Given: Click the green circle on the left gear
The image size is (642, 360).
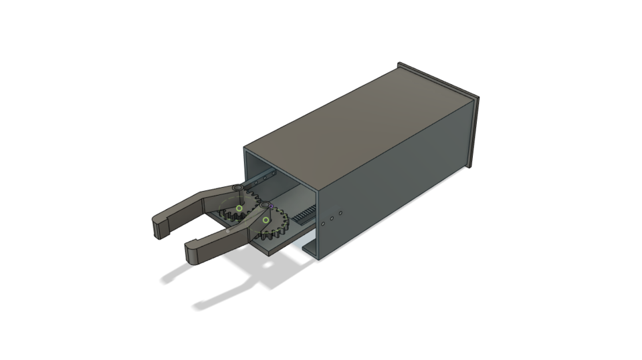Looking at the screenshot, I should (239, 209).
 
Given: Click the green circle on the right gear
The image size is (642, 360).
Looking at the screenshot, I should (265, 220).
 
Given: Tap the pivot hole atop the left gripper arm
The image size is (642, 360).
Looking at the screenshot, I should (237, 189).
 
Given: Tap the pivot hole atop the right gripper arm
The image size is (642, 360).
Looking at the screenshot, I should (265, 203).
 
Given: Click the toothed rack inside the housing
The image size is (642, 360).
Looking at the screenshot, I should (305, 213).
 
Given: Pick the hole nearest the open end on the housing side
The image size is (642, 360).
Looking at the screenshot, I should (324, 224).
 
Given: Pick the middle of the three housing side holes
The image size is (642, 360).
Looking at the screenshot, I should (332, 218).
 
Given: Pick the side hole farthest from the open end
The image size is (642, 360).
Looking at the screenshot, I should (340, 213).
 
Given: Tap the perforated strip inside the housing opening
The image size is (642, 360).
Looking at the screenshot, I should (262, 179).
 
